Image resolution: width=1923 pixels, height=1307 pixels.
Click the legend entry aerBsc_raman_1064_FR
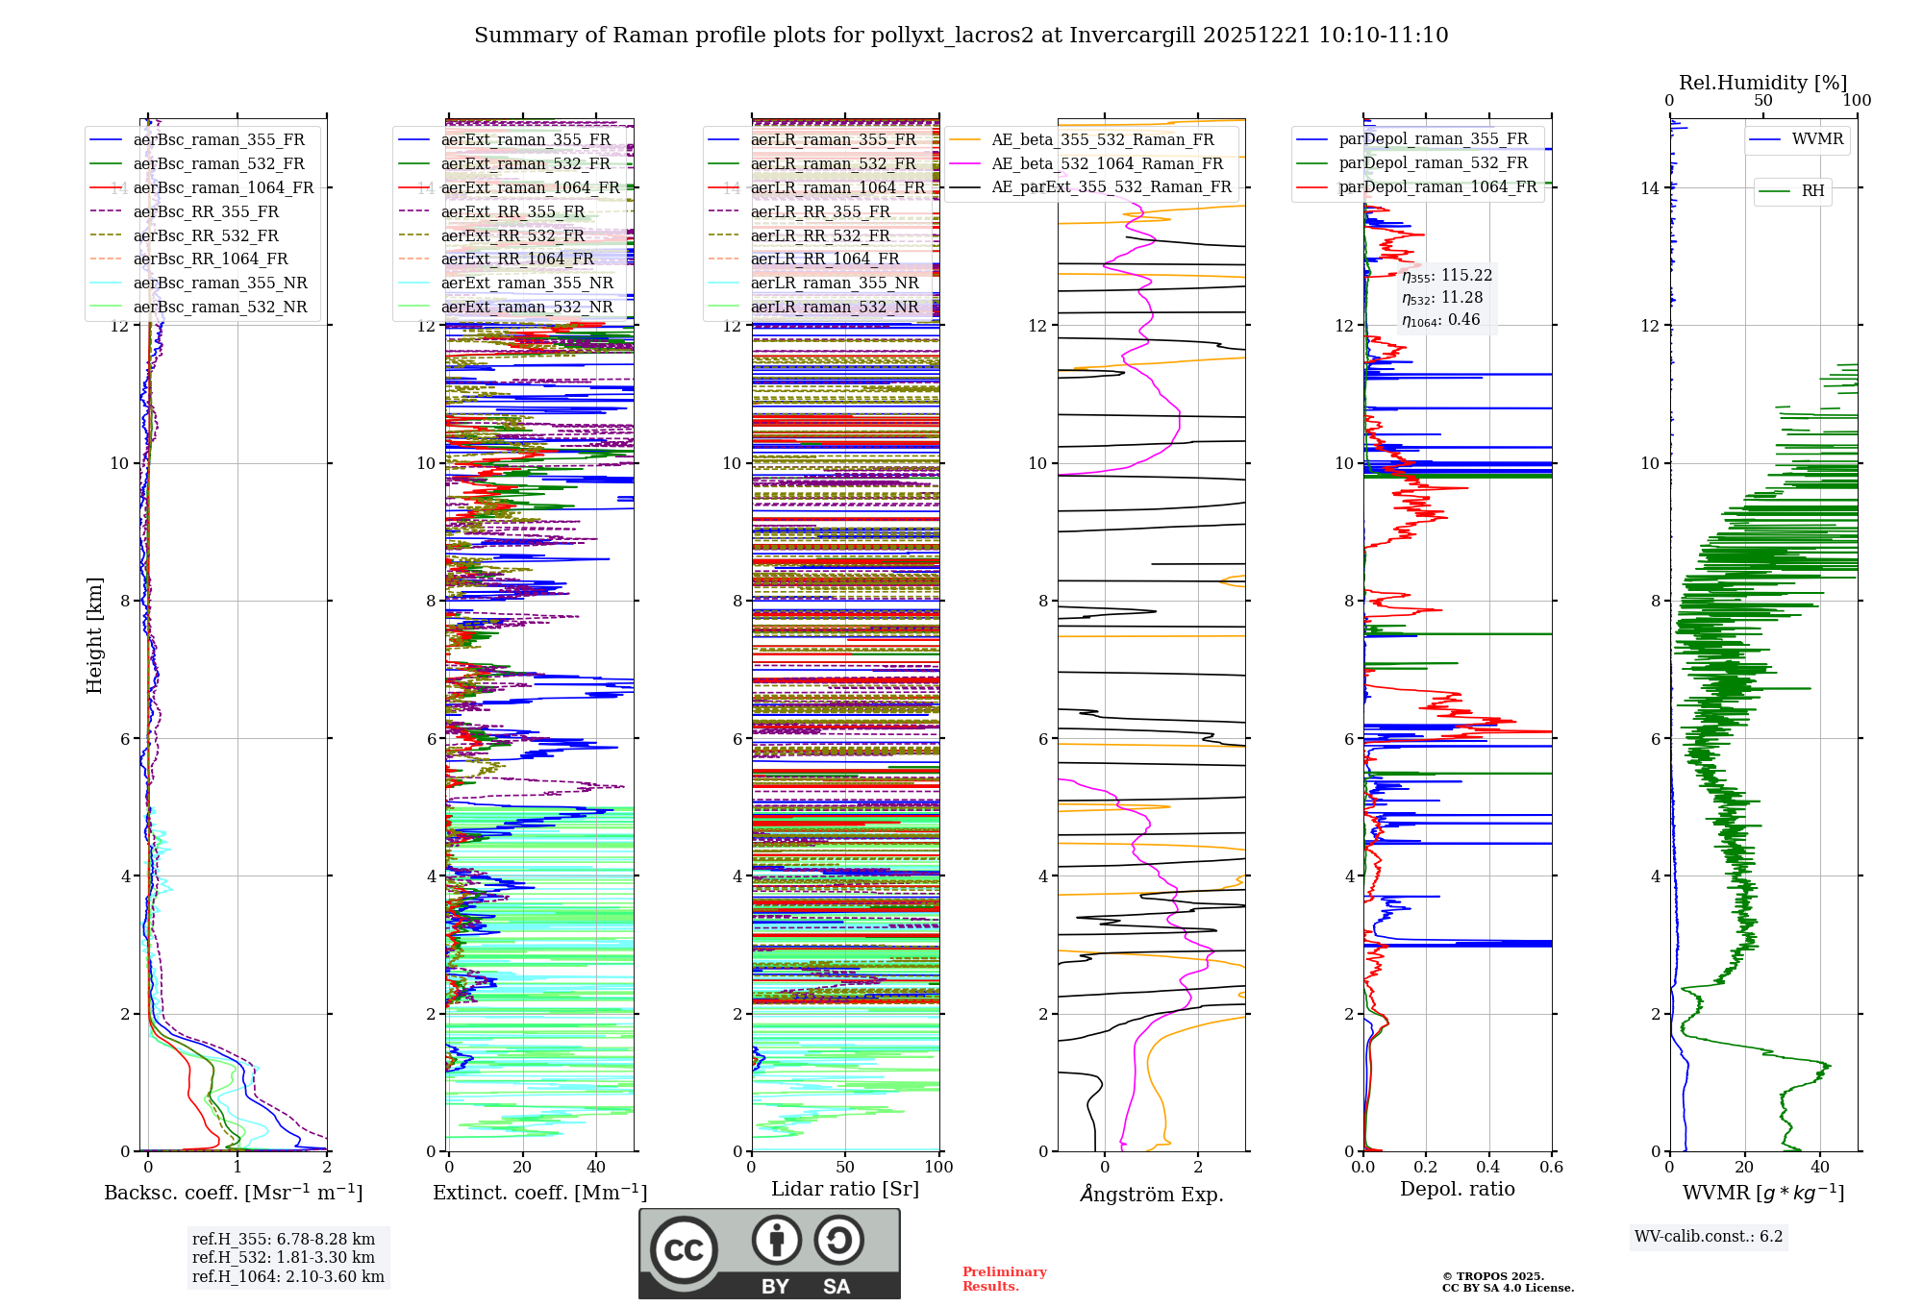(x=223, y=187)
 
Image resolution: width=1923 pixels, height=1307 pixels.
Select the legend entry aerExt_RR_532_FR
(x=512, y=235)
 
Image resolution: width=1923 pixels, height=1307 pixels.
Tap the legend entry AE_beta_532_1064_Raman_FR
(x=1107, y=163)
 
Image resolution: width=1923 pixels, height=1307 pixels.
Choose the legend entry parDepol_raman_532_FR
(x=1433, y=162)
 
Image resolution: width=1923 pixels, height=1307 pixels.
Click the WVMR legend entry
(x=1817, y=139)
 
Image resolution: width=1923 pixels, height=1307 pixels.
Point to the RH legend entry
(x=1812, y=190)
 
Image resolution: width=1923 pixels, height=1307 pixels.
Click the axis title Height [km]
(x=94, y=635)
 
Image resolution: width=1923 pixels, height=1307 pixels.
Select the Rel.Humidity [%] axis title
(x=1762, y=83)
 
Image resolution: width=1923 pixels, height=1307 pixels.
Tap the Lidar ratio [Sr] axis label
(x=845, y=1189)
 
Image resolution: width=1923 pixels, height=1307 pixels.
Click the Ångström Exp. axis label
(x=1151, y=1194)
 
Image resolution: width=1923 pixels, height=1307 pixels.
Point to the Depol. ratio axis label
(x=1457, y=1189)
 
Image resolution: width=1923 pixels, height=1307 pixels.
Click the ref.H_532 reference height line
(x=284, y=1257)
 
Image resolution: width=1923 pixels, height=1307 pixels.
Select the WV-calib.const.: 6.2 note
(x=1709, y=1236)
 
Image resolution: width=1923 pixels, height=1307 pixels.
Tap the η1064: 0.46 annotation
(x=1440, y=320)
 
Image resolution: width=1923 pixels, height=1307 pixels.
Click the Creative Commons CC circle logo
(x=684, y=1250)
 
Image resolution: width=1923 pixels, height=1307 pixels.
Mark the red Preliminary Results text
(x=1004, y=1279)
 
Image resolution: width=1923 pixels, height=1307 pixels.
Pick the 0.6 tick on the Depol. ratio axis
(x=1551, y=1167)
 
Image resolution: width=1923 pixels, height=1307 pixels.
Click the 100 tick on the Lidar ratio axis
(x=938, y=1167)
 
